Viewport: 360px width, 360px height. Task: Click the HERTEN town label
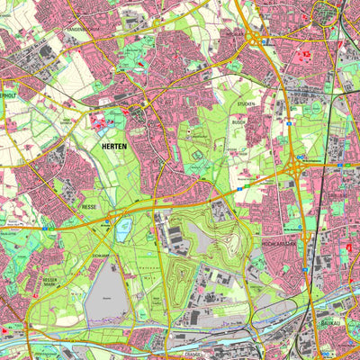point(112,146)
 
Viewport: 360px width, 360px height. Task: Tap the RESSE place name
point(90,206)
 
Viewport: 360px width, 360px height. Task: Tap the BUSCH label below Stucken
point(238,121)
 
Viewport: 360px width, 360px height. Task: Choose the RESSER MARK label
point(50,283)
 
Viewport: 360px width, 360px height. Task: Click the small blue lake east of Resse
point(123,225)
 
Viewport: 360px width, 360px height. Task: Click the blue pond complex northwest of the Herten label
point(115,120)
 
